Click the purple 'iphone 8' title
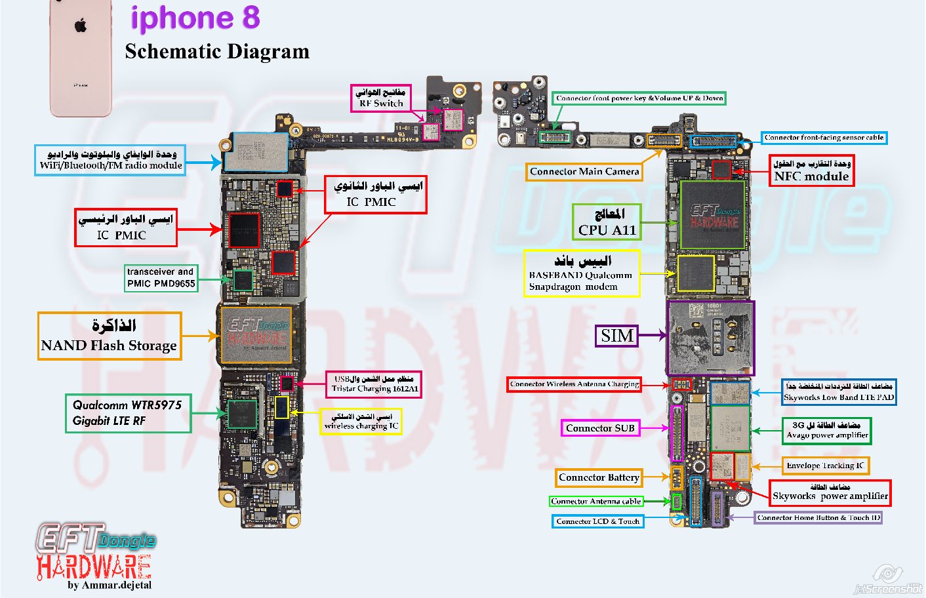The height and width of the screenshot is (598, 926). [195, 18]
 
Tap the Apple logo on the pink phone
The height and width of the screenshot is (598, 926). [81, 26]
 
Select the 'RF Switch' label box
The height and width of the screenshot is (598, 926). [381, 98]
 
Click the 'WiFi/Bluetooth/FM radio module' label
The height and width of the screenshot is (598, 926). [110, 160]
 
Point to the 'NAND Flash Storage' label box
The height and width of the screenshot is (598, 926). [110, 336]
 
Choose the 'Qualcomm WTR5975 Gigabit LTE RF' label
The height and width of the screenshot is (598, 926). [128, 413]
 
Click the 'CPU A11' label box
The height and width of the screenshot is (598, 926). [607, 222]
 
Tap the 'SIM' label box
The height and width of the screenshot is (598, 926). [617, 336]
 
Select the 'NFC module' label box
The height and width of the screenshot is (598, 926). [811, 170]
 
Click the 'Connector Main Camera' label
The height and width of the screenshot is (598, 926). [584, 172]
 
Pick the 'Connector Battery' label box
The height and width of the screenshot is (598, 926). [599, 478]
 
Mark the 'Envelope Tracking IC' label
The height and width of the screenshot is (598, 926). [825, 466]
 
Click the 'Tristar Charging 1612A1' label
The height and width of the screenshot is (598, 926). [374, 384]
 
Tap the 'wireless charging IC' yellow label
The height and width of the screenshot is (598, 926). [361, 422]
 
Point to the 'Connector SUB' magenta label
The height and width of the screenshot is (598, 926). [600, 428]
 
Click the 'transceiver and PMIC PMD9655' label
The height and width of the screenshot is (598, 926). [161, 278]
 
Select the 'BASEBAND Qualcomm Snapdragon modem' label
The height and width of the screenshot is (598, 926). [582, 273]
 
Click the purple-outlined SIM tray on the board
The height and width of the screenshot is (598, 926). [710, 338]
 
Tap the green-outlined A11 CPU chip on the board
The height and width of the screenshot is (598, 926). [713, 215]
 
